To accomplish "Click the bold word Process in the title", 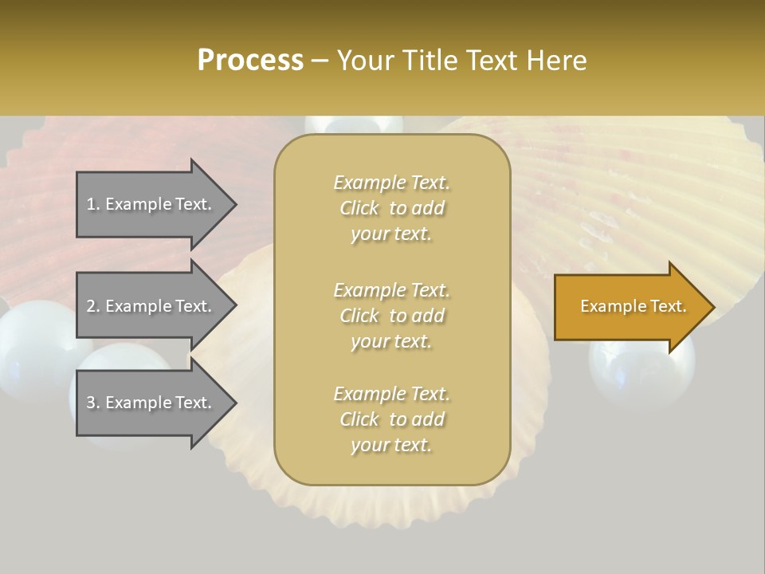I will (x=250, y=61).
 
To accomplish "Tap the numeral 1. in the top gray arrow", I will (x=93, y=204).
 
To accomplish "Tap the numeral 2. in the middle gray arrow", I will (x=93, y=306).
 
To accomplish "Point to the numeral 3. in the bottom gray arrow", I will (x=93, y=403).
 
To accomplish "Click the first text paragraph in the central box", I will (x=391, y=208).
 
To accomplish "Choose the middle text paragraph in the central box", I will (x=391, y=316).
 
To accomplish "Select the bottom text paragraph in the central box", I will (x=391, y=419).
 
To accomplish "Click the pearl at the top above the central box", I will (x=354, y=125).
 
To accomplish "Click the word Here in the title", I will (x=557, y=61).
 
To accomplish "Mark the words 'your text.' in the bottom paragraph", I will (x=391, y=446).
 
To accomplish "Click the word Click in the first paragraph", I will (x=359, y=208).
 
